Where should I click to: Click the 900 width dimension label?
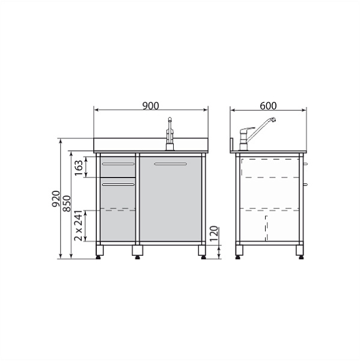[151, 106]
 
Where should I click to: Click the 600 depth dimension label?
[268, 106]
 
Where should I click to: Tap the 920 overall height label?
[56, 199]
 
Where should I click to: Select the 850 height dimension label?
[67, 203]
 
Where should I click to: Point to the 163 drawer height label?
[79, 168]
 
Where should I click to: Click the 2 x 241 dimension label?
[79, 226]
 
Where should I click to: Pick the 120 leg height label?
[214, 233]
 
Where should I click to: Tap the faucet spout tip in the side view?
[273, 119]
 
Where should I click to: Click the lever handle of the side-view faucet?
[247, 129]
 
